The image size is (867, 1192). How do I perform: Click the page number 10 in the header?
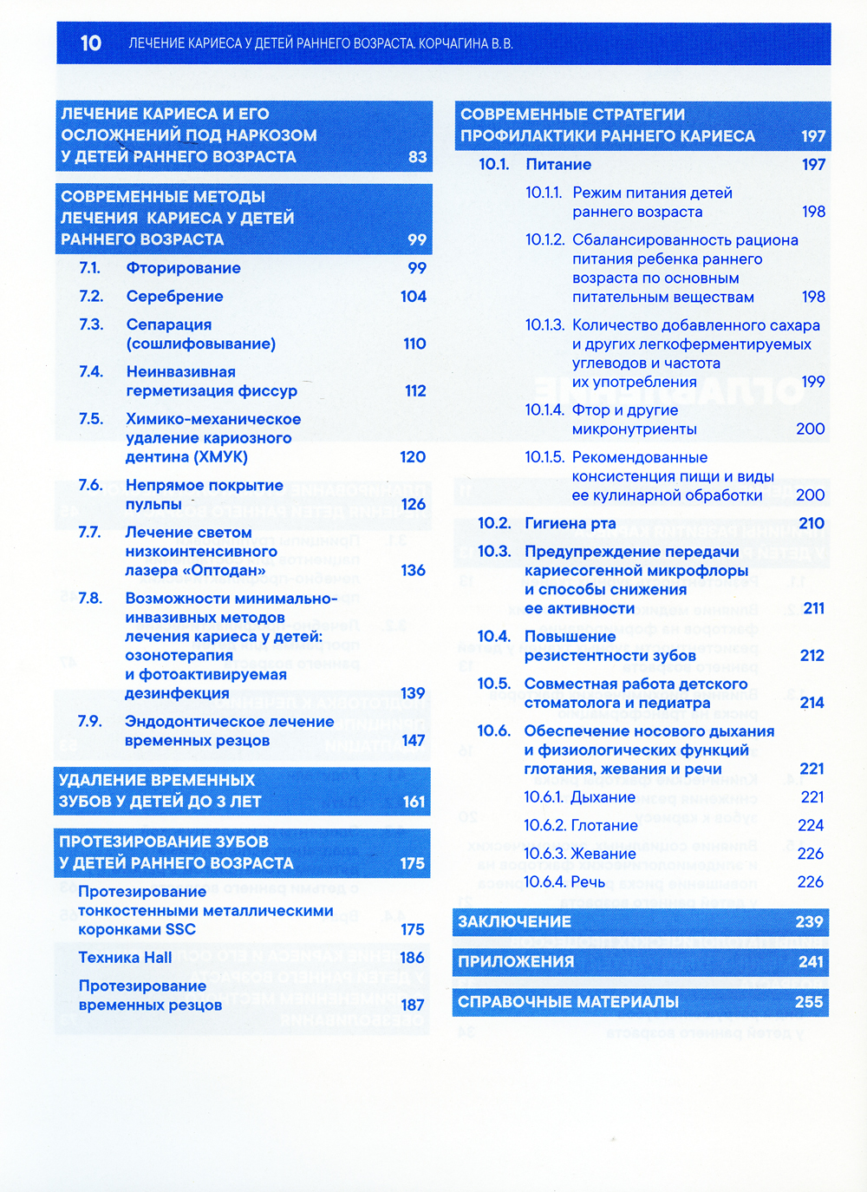click(91, 43)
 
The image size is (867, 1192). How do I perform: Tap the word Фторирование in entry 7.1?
click(183, 268)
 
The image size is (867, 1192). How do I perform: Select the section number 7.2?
click(91, 297)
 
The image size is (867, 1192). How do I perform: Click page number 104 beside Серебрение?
click(413, 297)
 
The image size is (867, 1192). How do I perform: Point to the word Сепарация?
click(169, 324)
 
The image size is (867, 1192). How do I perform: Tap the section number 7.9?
click(89, 722)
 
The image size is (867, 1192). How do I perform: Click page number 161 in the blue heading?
click(414, 802)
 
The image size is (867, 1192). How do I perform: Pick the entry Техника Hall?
click(125, 958)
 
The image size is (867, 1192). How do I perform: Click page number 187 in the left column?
click(413, 1005)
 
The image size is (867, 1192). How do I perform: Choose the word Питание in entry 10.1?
click(558, 165)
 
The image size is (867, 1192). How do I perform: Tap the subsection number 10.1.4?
click(544, 410)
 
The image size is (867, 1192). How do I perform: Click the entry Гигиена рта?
click(570, 523)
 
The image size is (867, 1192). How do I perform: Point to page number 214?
click(812, 703)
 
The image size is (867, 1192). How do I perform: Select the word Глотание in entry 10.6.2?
click(604, 826)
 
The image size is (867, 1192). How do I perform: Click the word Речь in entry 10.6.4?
click(588, 882)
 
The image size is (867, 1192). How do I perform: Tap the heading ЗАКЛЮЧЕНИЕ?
click(514, 922)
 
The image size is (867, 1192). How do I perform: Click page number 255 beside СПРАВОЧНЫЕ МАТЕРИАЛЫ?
click(808, 1002)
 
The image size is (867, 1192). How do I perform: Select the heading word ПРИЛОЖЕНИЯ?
click(516, 962)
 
